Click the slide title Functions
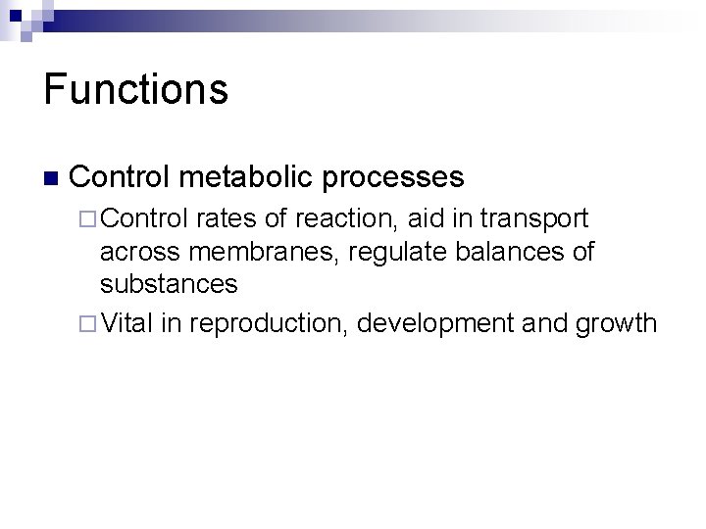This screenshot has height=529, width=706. tap(136, 88)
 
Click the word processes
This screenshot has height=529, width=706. tap(398, 177)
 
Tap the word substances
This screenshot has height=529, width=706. tap(169, 284)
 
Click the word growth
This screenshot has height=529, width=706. tap(609, 323)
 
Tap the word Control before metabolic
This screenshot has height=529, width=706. tap(125, 177)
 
